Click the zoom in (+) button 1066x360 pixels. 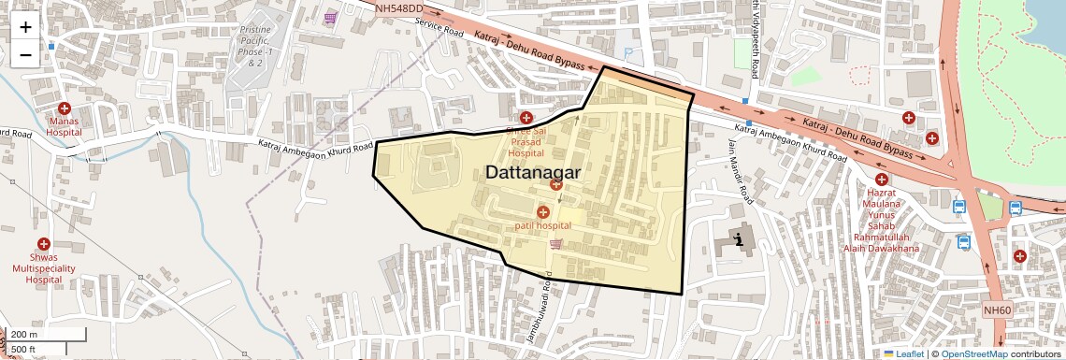25,26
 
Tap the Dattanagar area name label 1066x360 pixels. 533,173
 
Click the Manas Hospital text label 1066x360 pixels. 65,127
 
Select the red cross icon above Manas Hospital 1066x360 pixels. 65,108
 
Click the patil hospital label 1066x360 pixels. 542,226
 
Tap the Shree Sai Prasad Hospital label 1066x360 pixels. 526,142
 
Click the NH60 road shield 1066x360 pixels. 997,310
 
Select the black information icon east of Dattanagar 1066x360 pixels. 740,239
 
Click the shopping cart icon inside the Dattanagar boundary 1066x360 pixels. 556,244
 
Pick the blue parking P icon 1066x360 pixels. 627,53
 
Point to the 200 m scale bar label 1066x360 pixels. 24,335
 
